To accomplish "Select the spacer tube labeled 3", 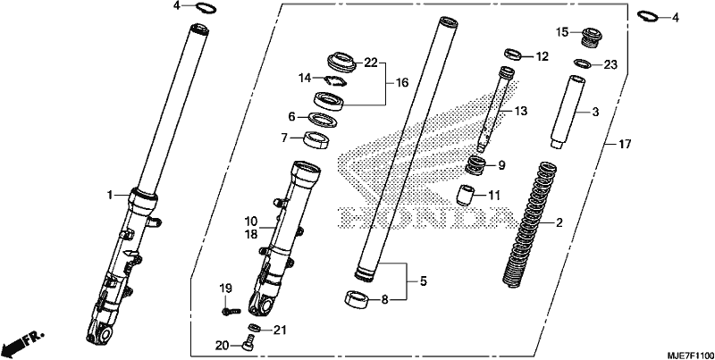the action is [x=568, y=112].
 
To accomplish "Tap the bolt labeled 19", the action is [x=231, y=311].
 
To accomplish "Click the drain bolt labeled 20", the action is [x=248, y=342].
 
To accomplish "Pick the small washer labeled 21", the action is [x=255, y=327].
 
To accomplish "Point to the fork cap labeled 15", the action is [x=592, y=38].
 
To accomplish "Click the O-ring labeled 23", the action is [x=583, y=63].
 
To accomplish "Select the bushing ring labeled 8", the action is [x=357, y=299].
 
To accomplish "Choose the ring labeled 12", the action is [x=513, y=54].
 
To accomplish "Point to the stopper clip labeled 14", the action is [x=335, y=80].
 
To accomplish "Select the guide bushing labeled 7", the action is [x=317, y=139].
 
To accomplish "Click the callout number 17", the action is [x=624, y=145].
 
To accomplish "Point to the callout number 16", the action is [x=401, y=82].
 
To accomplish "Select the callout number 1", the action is [x=109, y=195].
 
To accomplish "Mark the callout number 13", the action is [x=520, y=111].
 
